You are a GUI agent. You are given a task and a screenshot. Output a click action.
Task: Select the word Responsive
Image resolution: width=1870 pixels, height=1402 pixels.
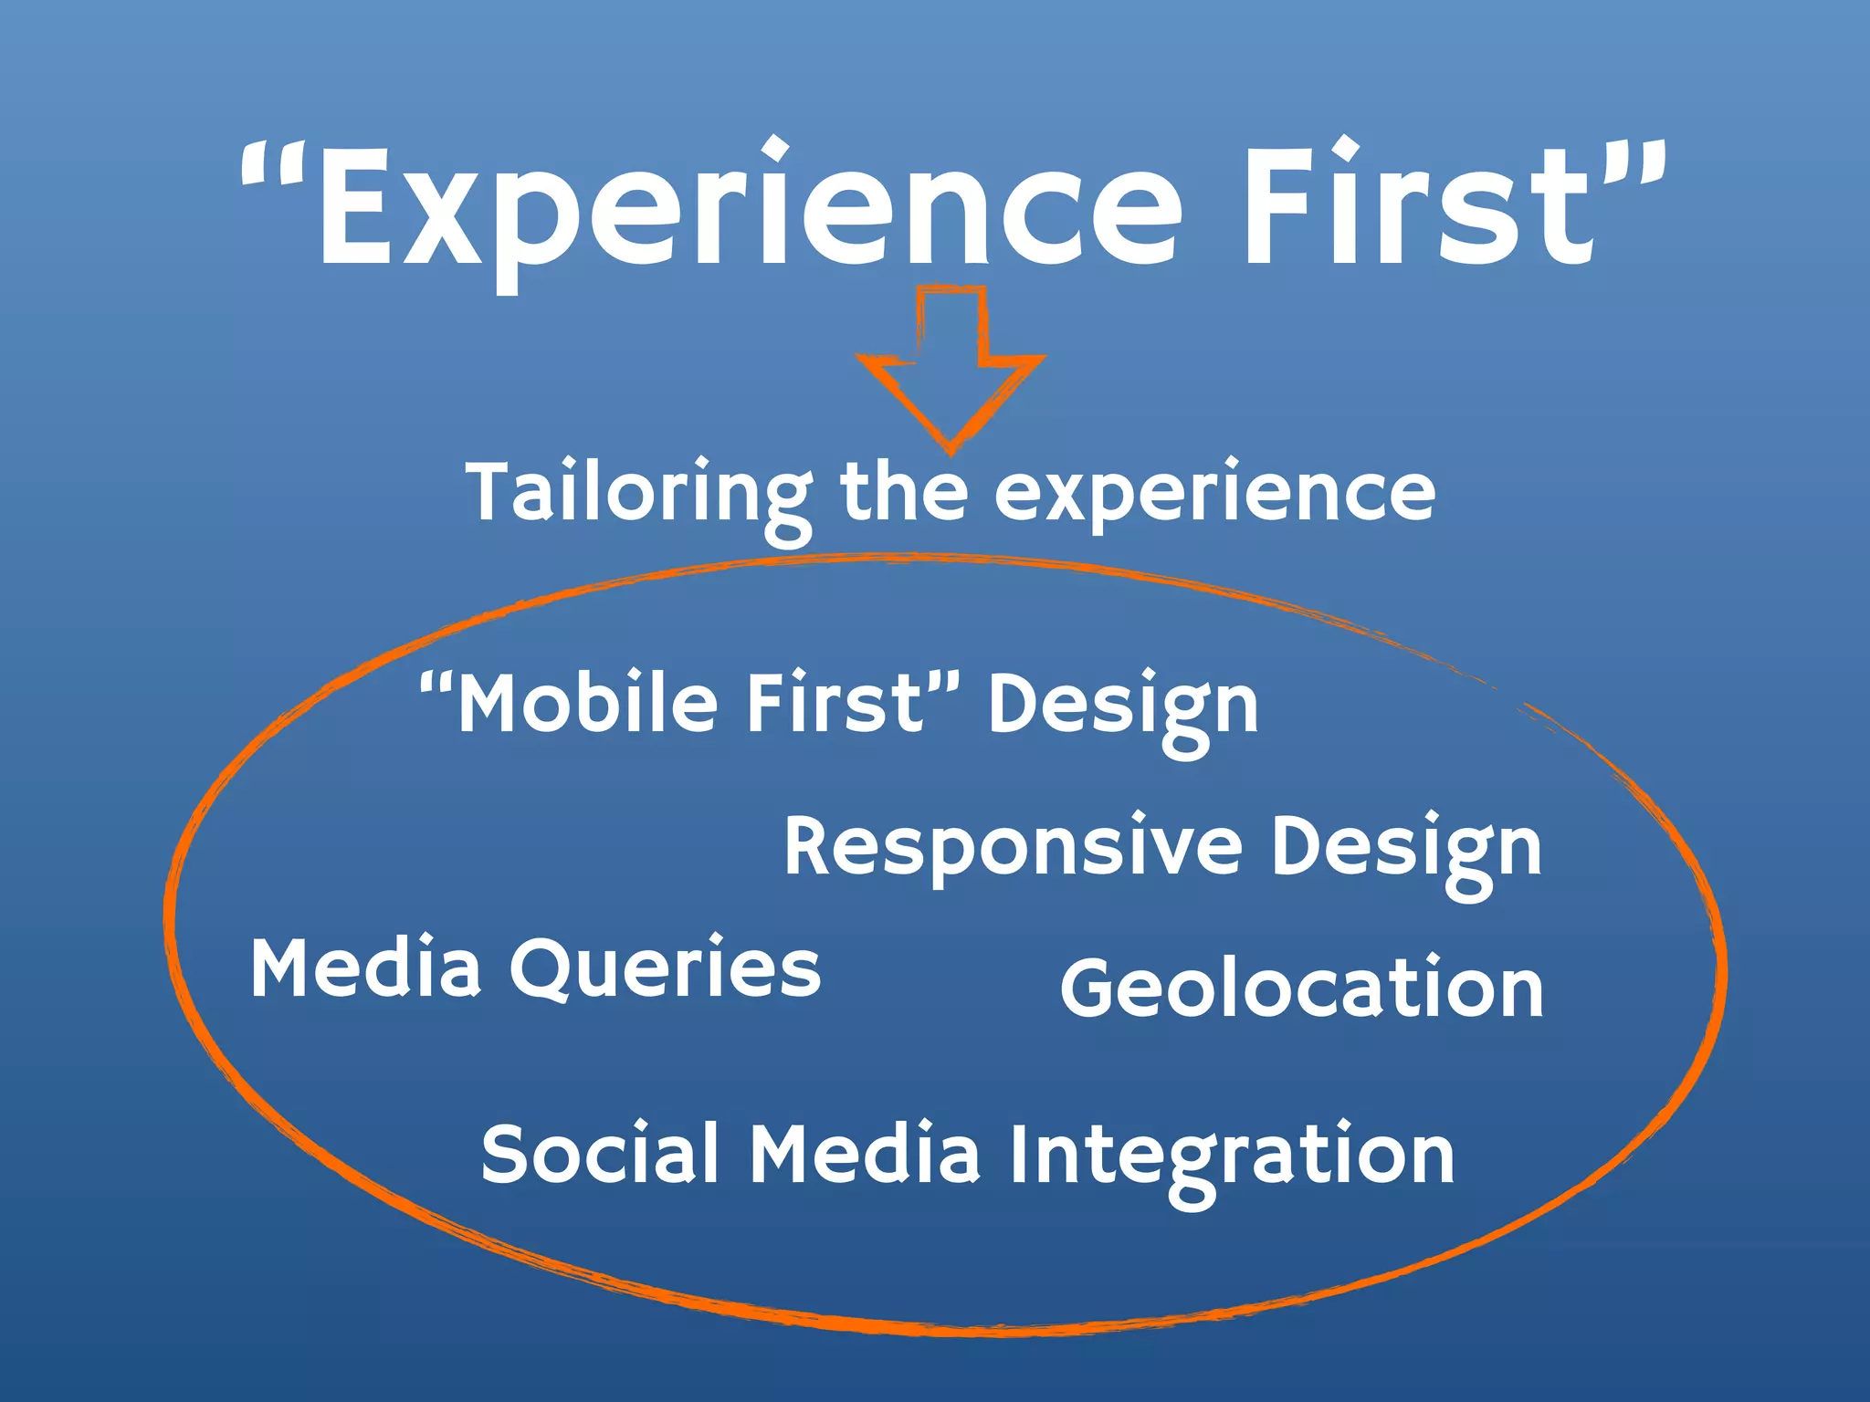click(x=1013, y=847)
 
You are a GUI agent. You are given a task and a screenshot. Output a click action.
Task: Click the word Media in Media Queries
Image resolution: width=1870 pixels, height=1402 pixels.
click(x=365, y=968)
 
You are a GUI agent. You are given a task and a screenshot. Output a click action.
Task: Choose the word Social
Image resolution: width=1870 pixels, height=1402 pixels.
click(x=599, y=1155)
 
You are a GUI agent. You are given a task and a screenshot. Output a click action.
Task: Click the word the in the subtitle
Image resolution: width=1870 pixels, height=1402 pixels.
click(x=903, y=493)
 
